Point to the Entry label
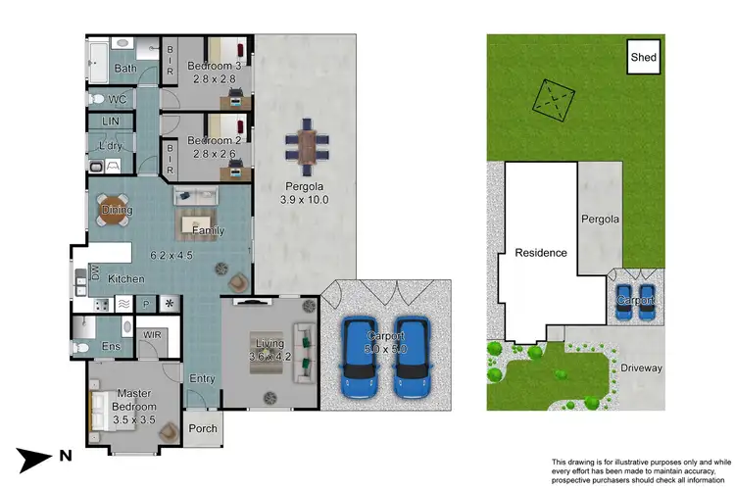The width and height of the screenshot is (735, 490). [202, 378]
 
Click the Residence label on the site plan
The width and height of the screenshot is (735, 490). [541, 253]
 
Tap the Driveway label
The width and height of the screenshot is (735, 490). [641, 368]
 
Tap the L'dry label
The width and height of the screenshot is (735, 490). [110, 147]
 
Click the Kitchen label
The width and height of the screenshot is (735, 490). [126, 279]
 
